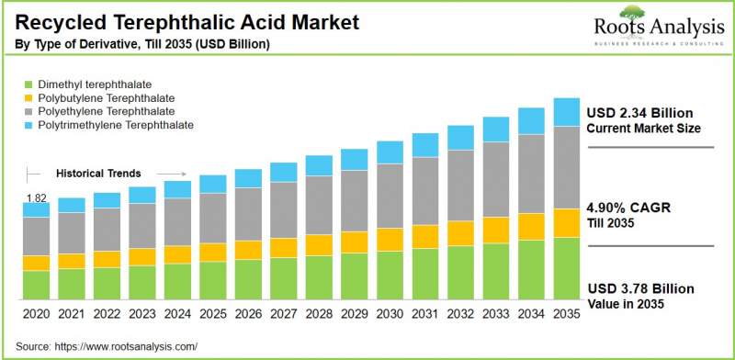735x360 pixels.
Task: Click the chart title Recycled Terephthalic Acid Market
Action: coord(184,21)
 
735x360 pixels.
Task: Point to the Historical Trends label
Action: coord(98,173)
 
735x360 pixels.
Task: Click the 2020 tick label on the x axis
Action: coord(36,314)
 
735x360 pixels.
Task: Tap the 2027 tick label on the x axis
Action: coord(283,314)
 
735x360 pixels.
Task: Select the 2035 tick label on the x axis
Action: coord(566,314)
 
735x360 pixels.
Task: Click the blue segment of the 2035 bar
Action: coord(566,112)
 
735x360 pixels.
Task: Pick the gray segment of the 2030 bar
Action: coord(390,196)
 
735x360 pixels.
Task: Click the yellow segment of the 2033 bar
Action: coord(495,230)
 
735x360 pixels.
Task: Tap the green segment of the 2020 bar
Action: coord(36,286)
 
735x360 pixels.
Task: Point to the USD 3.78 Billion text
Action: coord(640,288)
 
